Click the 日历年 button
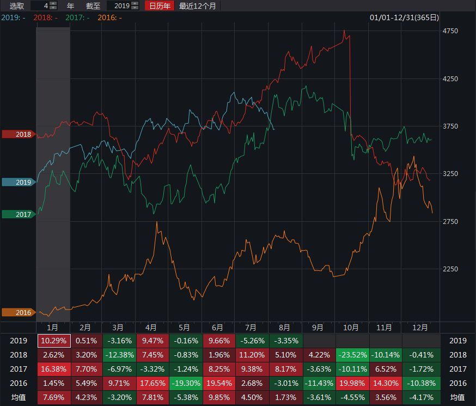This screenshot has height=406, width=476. (160, 6)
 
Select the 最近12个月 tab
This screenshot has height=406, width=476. (197, 6)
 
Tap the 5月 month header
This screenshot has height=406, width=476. (185, 328)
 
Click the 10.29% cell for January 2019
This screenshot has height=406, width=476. (54, 341)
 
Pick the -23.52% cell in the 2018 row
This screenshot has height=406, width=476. (352, 355)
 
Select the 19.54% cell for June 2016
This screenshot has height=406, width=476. (218, 383)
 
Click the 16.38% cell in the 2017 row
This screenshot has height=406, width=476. (54, 369)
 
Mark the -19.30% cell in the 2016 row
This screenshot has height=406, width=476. (185, 383)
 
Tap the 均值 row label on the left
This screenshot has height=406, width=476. (19, 397)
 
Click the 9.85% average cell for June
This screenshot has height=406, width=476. (218, 397)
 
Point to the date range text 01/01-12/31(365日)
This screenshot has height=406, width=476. (404, 17)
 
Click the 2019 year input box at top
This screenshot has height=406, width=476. (118, 6)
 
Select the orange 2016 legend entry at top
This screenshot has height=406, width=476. (109, 17)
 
